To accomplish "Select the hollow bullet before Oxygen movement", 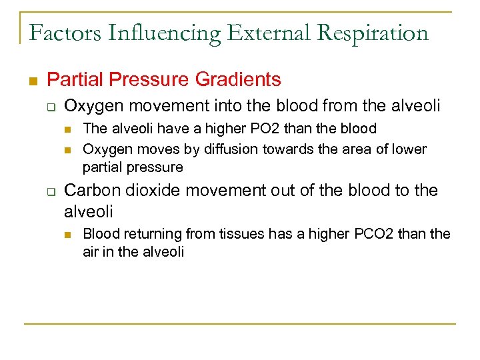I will click(51, 107).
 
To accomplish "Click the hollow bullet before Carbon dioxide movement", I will click(51, 192).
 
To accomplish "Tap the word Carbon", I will click(91, 191).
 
